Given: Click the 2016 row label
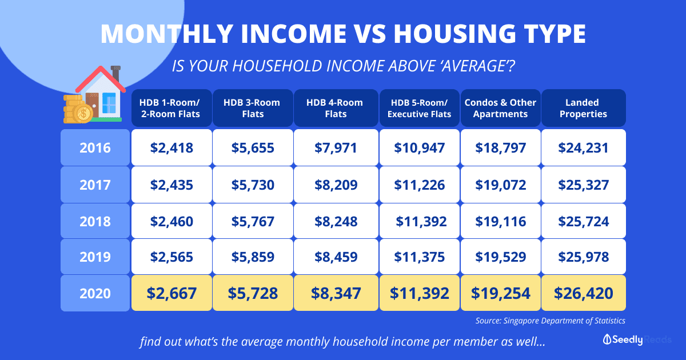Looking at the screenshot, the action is click(95, 147).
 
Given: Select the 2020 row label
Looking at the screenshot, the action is click(95, 293).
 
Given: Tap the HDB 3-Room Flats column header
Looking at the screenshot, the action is click(253, 108).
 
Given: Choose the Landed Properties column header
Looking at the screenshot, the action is click(584, 108).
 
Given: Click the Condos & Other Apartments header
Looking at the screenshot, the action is click(500, 108).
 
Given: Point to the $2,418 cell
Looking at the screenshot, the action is click(171, 147).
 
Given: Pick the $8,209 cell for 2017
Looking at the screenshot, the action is click(336, 185).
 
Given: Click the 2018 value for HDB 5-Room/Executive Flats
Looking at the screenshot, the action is click(419, 221).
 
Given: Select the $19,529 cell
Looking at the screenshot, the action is click(500, 257).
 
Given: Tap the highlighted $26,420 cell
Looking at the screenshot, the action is click(584, 293).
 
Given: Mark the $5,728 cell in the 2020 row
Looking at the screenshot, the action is click(253, 293).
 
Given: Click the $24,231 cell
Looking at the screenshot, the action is click(584, 147).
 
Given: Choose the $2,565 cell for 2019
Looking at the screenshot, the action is click(171, 257).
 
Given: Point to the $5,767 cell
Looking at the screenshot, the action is click(253, 221).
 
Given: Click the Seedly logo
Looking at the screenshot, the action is click(623, 339).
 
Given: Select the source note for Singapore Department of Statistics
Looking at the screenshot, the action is click(550, 321).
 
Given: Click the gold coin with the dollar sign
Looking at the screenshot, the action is click(83, 114).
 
